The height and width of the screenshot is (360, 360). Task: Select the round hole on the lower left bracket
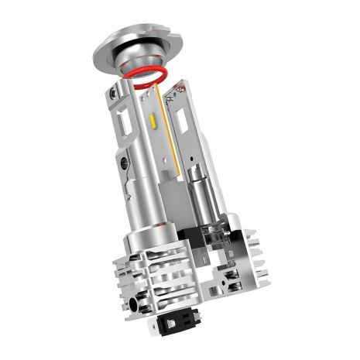point(125,164)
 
